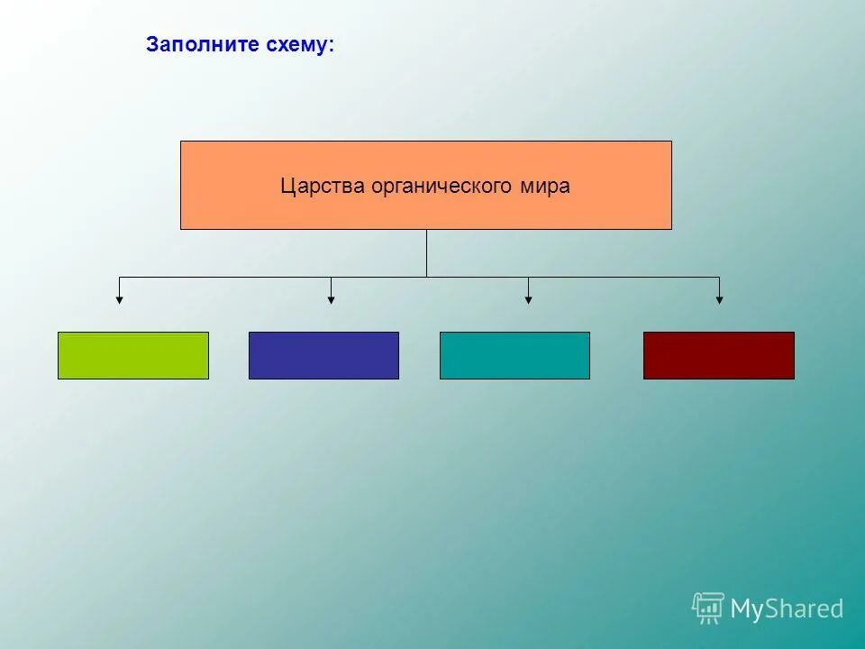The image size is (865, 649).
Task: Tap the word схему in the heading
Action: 296,44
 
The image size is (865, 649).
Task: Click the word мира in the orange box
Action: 544,187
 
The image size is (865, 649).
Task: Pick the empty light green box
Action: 133,355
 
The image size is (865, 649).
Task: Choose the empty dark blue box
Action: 323,355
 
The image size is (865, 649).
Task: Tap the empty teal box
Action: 514,355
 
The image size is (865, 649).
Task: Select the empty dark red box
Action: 718,355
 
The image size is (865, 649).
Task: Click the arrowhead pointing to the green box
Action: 119,299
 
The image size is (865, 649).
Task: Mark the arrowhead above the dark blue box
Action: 331,299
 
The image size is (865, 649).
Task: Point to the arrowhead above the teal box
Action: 528,299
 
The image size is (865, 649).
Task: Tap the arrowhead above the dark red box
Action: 719,299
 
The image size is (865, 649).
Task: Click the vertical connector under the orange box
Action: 426,252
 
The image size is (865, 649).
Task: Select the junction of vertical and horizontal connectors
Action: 426,277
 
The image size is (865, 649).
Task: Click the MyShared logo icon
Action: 708,608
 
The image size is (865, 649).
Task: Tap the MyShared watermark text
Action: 787,609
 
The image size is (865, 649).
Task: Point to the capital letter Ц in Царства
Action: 287,187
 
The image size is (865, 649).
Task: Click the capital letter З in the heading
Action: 152,44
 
